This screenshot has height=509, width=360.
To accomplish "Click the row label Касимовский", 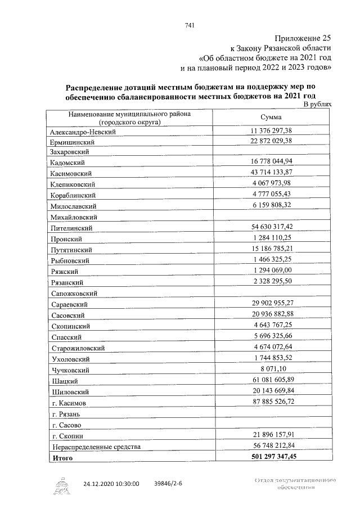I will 70,174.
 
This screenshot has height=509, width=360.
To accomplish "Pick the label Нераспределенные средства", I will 94,447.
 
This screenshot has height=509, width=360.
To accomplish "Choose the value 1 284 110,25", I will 272,238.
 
